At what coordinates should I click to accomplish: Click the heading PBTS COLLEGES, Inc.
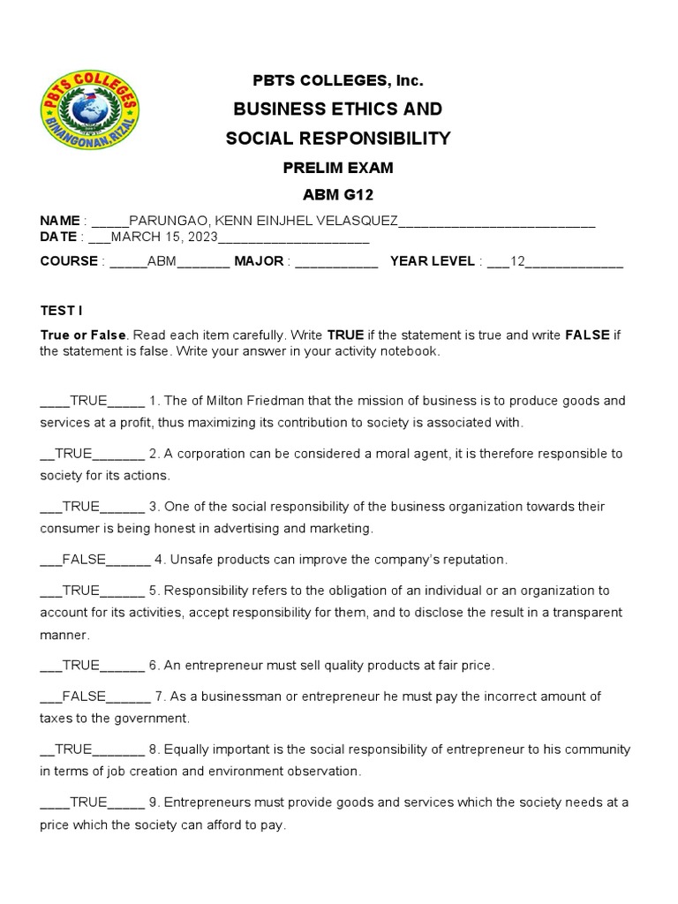(x=338, y=81)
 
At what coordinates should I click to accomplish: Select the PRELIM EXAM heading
(x=338, y=168)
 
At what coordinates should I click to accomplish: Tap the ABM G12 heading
(x=338, y=195)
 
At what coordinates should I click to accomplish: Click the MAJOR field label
(x=258, y=261)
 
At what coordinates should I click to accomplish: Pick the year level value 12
(x=518, y=261)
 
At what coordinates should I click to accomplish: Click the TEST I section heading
(x=61, y=311)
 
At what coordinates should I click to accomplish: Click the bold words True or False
(x=84, y=335)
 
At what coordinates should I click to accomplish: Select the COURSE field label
(x=69, y=261)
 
